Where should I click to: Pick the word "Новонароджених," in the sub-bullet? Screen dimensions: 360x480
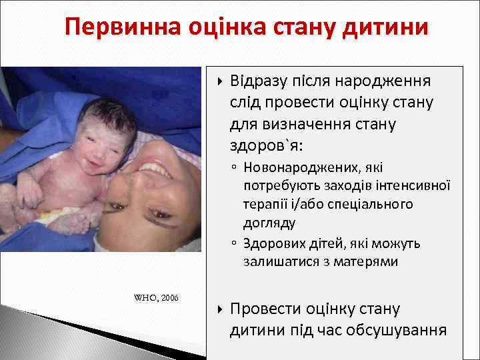click(x=294, y=169)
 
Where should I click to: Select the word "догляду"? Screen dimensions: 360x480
click(x=269, y=221)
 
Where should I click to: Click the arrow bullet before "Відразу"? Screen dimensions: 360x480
click(x=220, y=82)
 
